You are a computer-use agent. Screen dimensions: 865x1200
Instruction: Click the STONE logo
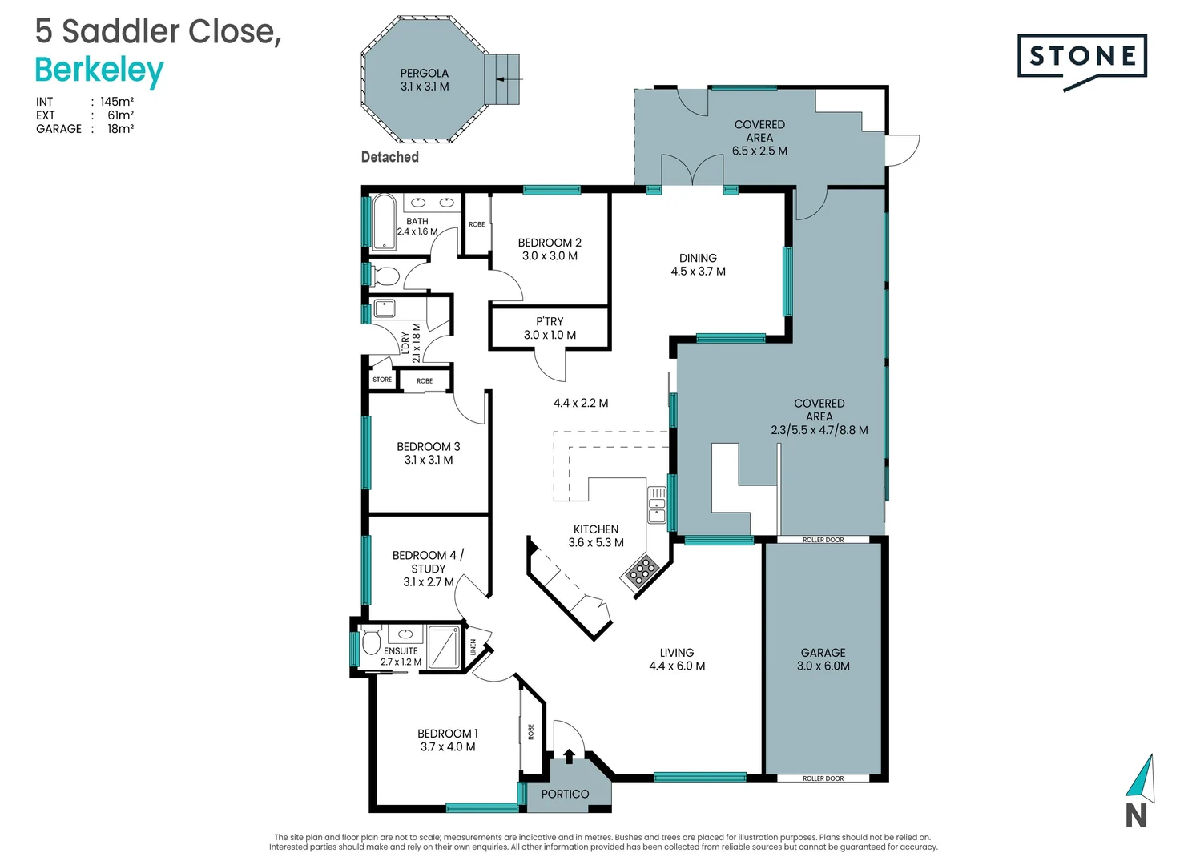(x=1082, y=56)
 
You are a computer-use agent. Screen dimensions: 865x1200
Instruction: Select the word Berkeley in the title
(x=99, y=70)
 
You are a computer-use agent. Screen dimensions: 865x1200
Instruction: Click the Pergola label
(x=425, y=79)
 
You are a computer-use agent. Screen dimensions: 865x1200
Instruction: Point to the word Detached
(x=390, y=157)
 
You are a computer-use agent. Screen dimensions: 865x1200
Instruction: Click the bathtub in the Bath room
(x=385, y=221)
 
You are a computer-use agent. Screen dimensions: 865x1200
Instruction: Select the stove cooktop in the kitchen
(x=641, y=572)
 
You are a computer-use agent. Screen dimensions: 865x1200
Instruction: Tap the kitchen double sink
(x=657, y=505)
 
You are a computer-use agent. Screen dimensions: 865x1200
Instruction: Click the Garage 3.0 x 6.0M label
(x=823, y=659)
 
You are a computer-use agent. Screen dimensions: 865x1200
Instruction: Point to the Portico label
(x=565, y=794)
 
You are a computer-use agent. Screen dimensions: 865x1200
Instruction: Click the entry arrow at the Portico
(x=569, y=755)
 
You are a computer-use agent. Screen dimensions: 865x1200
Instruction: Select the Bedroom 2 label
(x=550, y=249)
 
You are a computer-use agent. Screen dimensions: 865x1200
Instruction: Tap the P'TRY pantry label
(x=550, y=328)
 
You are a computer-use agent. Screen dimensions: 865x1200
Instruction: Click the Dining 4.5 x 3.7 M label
(x=698, y=264)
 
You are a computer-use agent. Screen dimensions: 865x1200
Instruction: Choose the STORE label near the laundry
(x=382, y=380)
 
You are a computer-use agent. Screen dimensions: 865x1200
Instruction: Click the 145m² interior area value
(x=117, y=102)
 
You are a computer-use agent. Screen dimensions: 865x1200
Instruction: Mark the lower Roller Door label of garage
(x=823, y=778)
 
